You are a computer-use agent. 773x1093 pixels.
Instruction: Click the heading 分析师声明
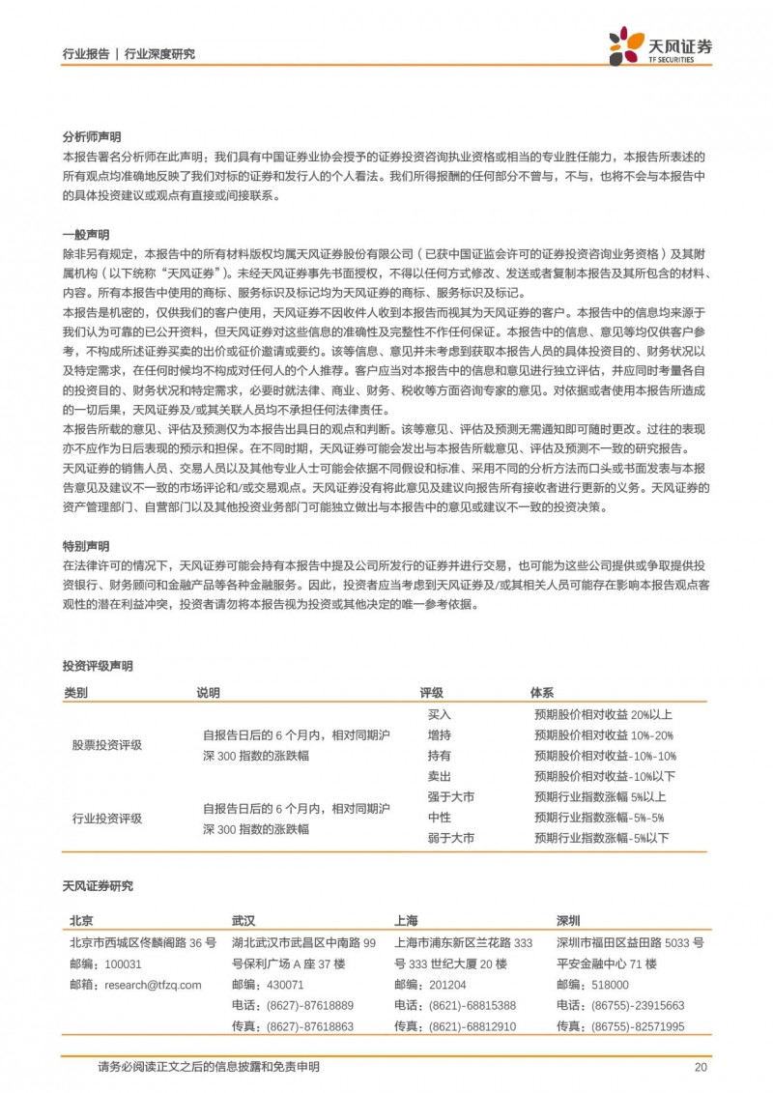point(86,137)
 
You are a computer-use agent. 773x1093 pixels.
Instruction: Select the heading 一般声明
point(80,234)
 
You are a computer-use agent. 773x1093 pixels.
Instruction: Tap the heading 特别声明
point(80,545)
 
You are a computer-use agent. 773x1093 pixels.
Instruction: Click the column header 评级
point(431,693)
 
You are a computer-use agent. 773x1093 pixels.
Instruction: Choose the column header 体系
point(542,693)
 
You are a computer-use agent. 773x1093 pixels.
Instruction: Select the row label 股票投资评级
point(107,745)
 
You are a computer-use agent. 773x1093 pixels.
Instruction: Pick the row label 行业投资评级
point(107,818)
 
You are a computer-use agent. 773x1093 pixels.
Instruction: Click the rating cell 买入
point(440,715)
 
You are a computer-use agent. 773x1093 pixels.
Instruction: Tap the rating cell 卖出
point(440,776)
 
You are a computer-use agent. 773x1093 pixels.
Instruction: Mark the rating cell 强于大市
point(451,797)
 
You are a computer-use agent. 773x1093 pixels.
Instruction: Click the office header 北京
point(81,920)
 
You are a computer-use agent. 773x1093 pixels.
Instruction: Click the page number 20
point(701,1067)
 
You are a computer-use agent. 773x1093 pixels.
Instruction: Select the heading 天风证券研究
point(98,886)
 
